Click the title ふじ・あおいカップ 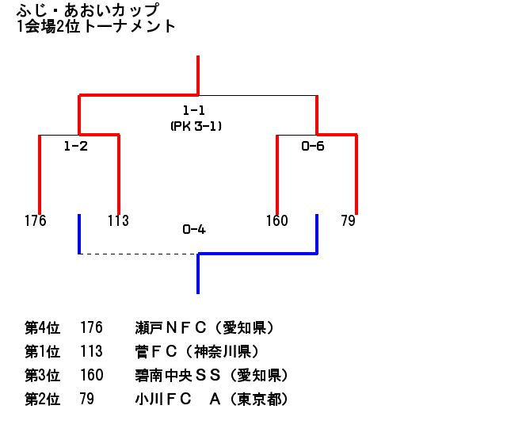click(x=87, y=10)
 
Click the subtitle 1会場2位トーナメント click(x=96, y=26)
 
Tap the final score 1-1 click(x=193, y=111)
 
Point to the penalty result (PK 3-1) click(x=194, y=125)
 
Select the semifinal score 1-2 click(x=75, y=147)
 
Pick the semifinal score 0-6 click(x=313, y=147)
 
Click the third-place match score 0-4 click(x=194, y=231)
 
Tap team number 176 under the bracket click(x=36, y=220)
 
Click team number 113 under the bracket click(x=118, y=220)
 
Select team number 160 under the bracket click(x=276, y=220)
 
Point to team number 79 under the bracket click(x=348, y=220)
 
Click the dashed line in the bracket click(x=139, y=254)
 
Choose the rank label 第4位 click(x=43, y=327)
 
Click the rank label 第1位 click(x=43, y=351)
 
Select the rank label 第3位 click(x=43, y=375)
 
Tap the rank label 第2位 click(x=43, y=399)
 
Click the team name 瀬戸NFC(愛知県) click(x=205, y=327)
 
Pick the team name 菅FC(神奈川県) click(x=197, y=351)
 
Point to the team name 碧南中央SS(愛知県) click(x=212, y=375)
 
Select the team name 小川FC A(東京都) click(x=212, y=399)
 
